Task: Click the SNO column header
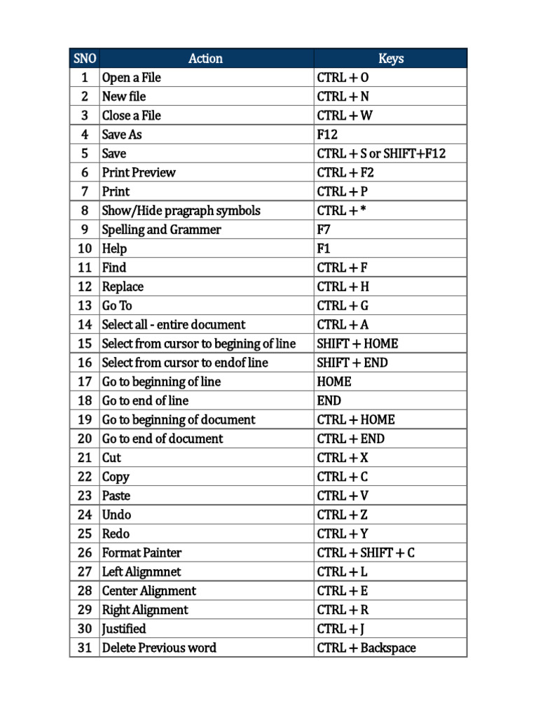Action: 84,59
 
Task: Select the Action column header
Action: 206,59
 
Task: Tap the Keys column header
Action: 390,59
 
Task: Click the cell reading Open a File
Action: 132,78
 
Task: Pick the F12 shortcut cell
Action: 328,134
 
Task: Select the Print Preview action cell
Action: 139,172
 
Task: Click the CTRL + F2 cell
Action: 345,172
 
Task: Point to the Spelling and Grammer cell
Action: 161,230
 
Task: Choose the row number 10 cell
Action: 85,249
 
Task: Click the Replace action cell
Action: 123,286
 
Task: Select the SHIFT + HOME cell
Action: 357,344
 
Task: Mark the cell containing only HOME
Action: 334,382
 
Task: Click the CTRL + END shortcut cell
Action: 350,439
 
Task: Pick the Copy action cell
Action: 116,477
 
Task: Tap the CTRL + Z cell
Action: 342,515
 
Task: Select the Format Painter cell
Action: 142,552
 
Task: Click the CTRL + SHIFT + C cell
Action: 366,552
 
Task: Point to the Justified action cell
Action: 124,629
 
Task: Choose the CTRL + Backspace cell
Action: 366,648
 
